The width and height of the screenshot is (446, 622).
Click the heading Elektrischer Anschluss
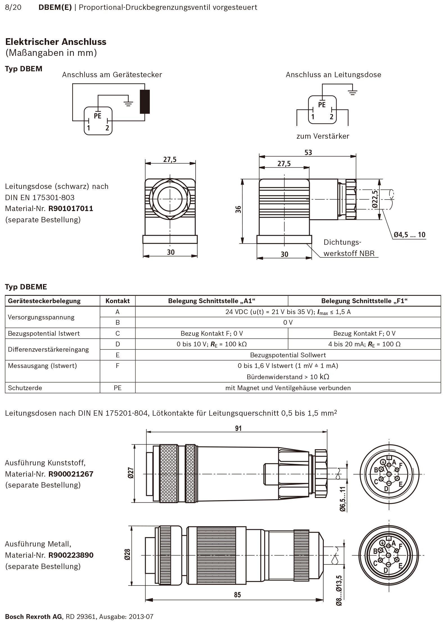point(56,42)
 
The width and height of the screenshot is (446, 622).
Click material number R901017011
point(71,209)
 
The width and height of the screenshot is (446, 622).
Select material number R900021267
point(71,474)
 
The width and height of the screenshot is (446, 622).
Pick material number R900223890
point(71,555)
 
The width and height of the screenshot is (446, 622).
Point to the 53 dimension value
point(308,152)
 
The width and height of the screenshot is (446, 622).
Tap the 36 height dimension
point(238,209)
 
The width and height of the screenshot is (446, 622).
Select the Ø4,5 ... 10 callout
point(409,235)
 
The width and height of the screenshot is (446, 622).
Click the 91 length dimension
point(238,428)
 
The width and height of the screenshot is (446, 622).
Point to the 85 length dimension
point(237,595)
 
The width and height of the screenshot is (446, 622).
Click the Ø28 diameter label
point(128,555)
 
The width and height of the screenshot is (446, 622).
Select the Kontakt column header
point(117,301)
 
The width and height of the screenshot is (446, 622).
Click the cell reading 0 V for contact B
point(288,323)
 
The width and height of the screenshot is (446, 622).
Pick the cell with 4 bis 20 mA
point(364,344)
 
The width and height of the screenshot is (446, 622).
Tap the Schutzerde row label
point(25,388)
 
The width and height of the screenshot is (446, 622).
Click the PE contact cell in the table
point(117,388)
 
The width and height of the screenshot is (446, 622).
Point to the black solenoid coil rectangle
point(145,102)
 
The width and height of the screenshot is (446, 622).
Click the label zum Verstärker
point(323,136)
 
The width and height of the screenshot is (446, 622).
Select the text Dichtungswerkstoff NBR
point(349,248)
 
